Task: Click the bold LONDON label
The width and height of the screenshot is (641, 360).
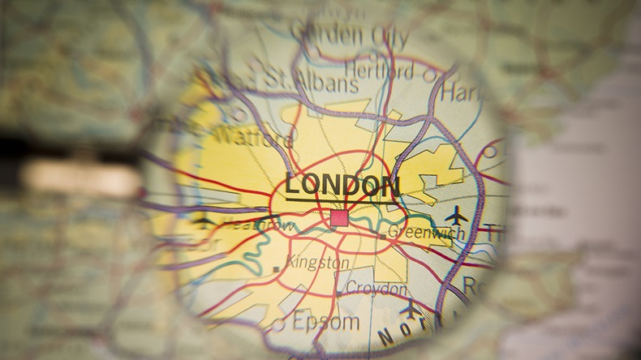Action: click(x=342, y=185)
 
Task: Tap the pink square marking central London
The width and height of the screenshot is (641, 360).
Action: click(x=338, y=217)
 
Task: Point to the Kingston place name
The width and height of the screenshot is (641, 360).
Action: click(x=317, y=264)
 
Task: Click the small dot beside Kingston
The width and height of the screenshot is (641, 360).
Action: click(x=277, y=268)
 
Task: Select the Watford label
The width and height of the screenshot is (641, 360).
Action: click(x=252, y=137)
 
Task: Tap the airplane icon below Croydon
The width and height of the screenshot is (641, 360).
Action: click(x=411, y=309)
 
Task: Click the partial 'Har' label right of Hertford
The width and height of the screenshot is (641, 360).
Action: click(x=458, y=92)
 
